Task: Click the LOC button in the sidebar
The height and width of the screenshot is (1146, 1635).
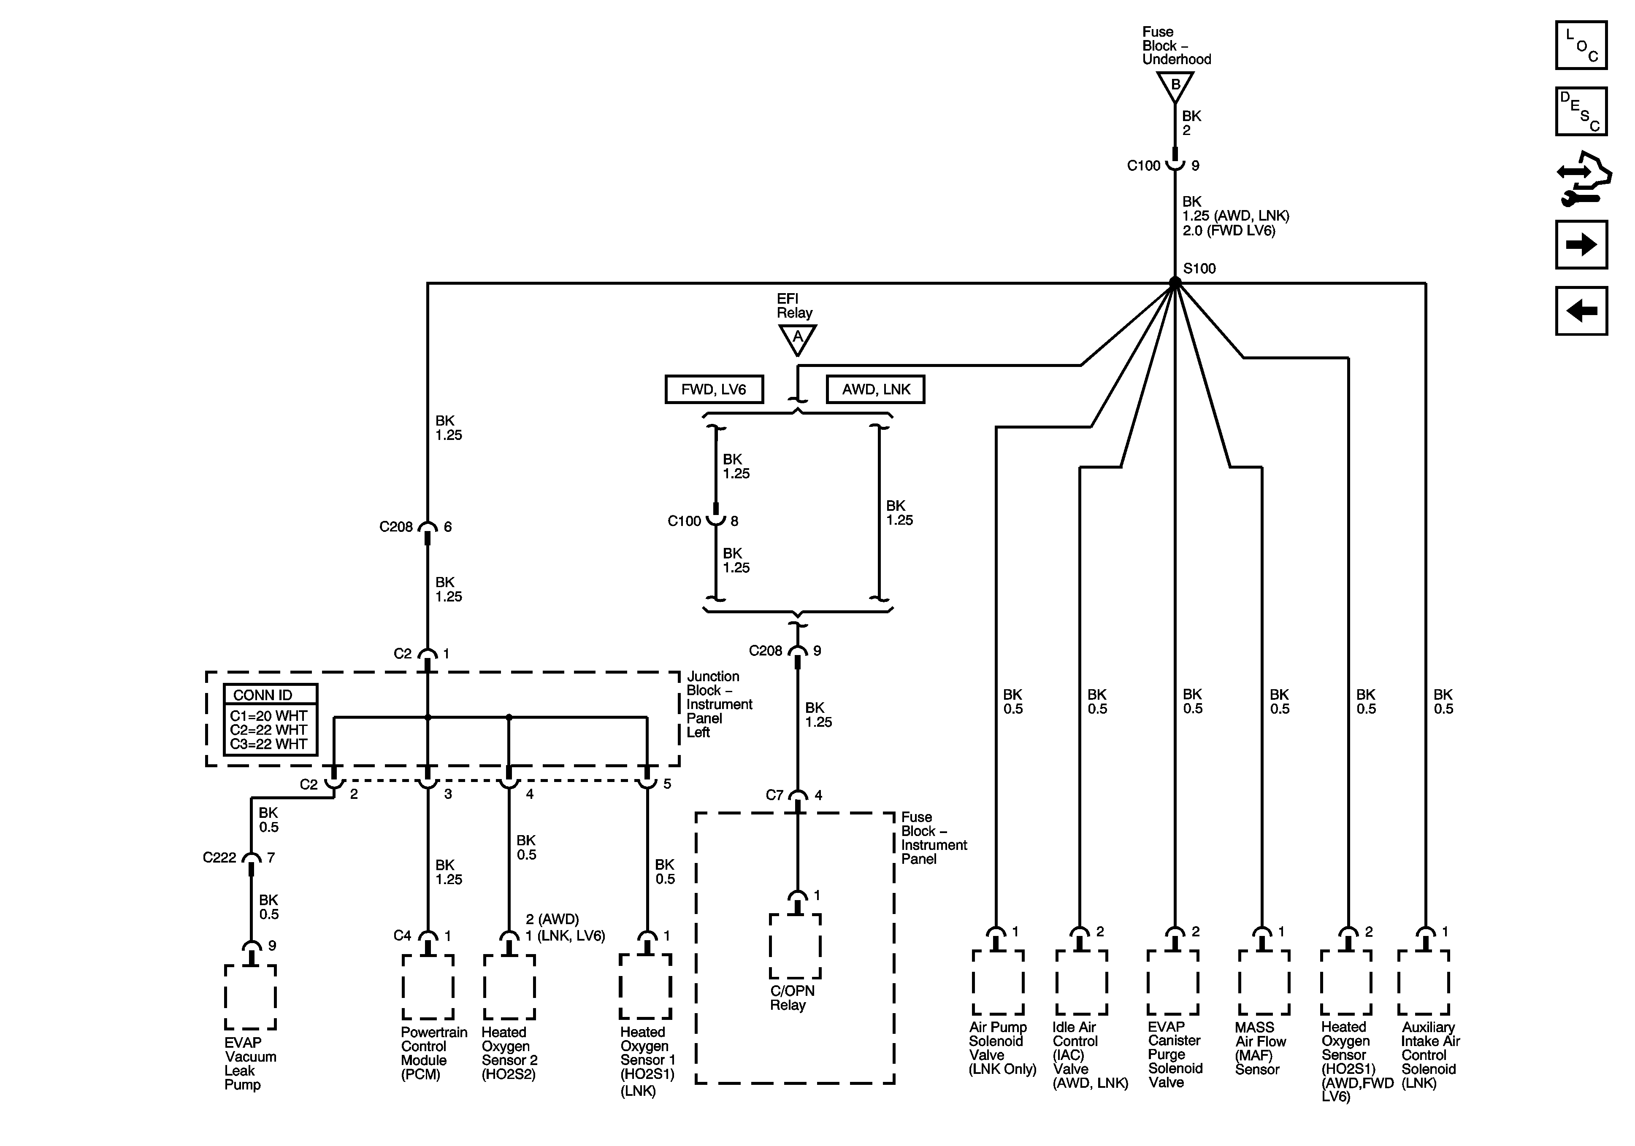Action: click(1581, 46)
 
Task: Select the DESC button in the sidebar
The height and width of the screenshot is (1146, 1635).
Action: click(1581, 111)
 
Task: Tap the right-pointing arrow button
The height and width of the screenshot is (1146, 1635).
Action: click(1581, 245)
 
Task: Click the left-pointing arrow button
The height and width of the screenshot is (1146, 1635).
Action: click(1581, 310)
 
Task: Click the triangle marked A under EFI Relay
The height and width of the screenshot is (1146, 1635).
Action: click(798, 338)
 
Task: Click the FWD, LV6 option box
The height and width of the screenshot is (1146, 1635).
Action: click(714, 389)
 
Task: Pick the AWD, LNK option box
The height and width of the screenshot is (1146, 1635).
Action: click(875, 389)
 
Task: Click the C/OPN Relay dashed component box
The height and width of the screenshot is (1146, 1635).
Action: click(796, 946)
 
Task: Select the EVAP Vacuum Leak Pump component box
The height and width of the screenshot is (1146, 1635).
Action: click(251, 997)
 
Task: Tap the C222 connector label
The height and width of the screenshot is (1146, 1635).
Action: click(219, 858)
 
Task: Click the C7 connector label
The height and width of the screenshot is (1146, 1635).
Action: click(775, 795)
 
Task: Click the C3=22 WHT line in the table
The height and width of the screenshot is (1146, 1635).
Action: click(268, 744)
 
